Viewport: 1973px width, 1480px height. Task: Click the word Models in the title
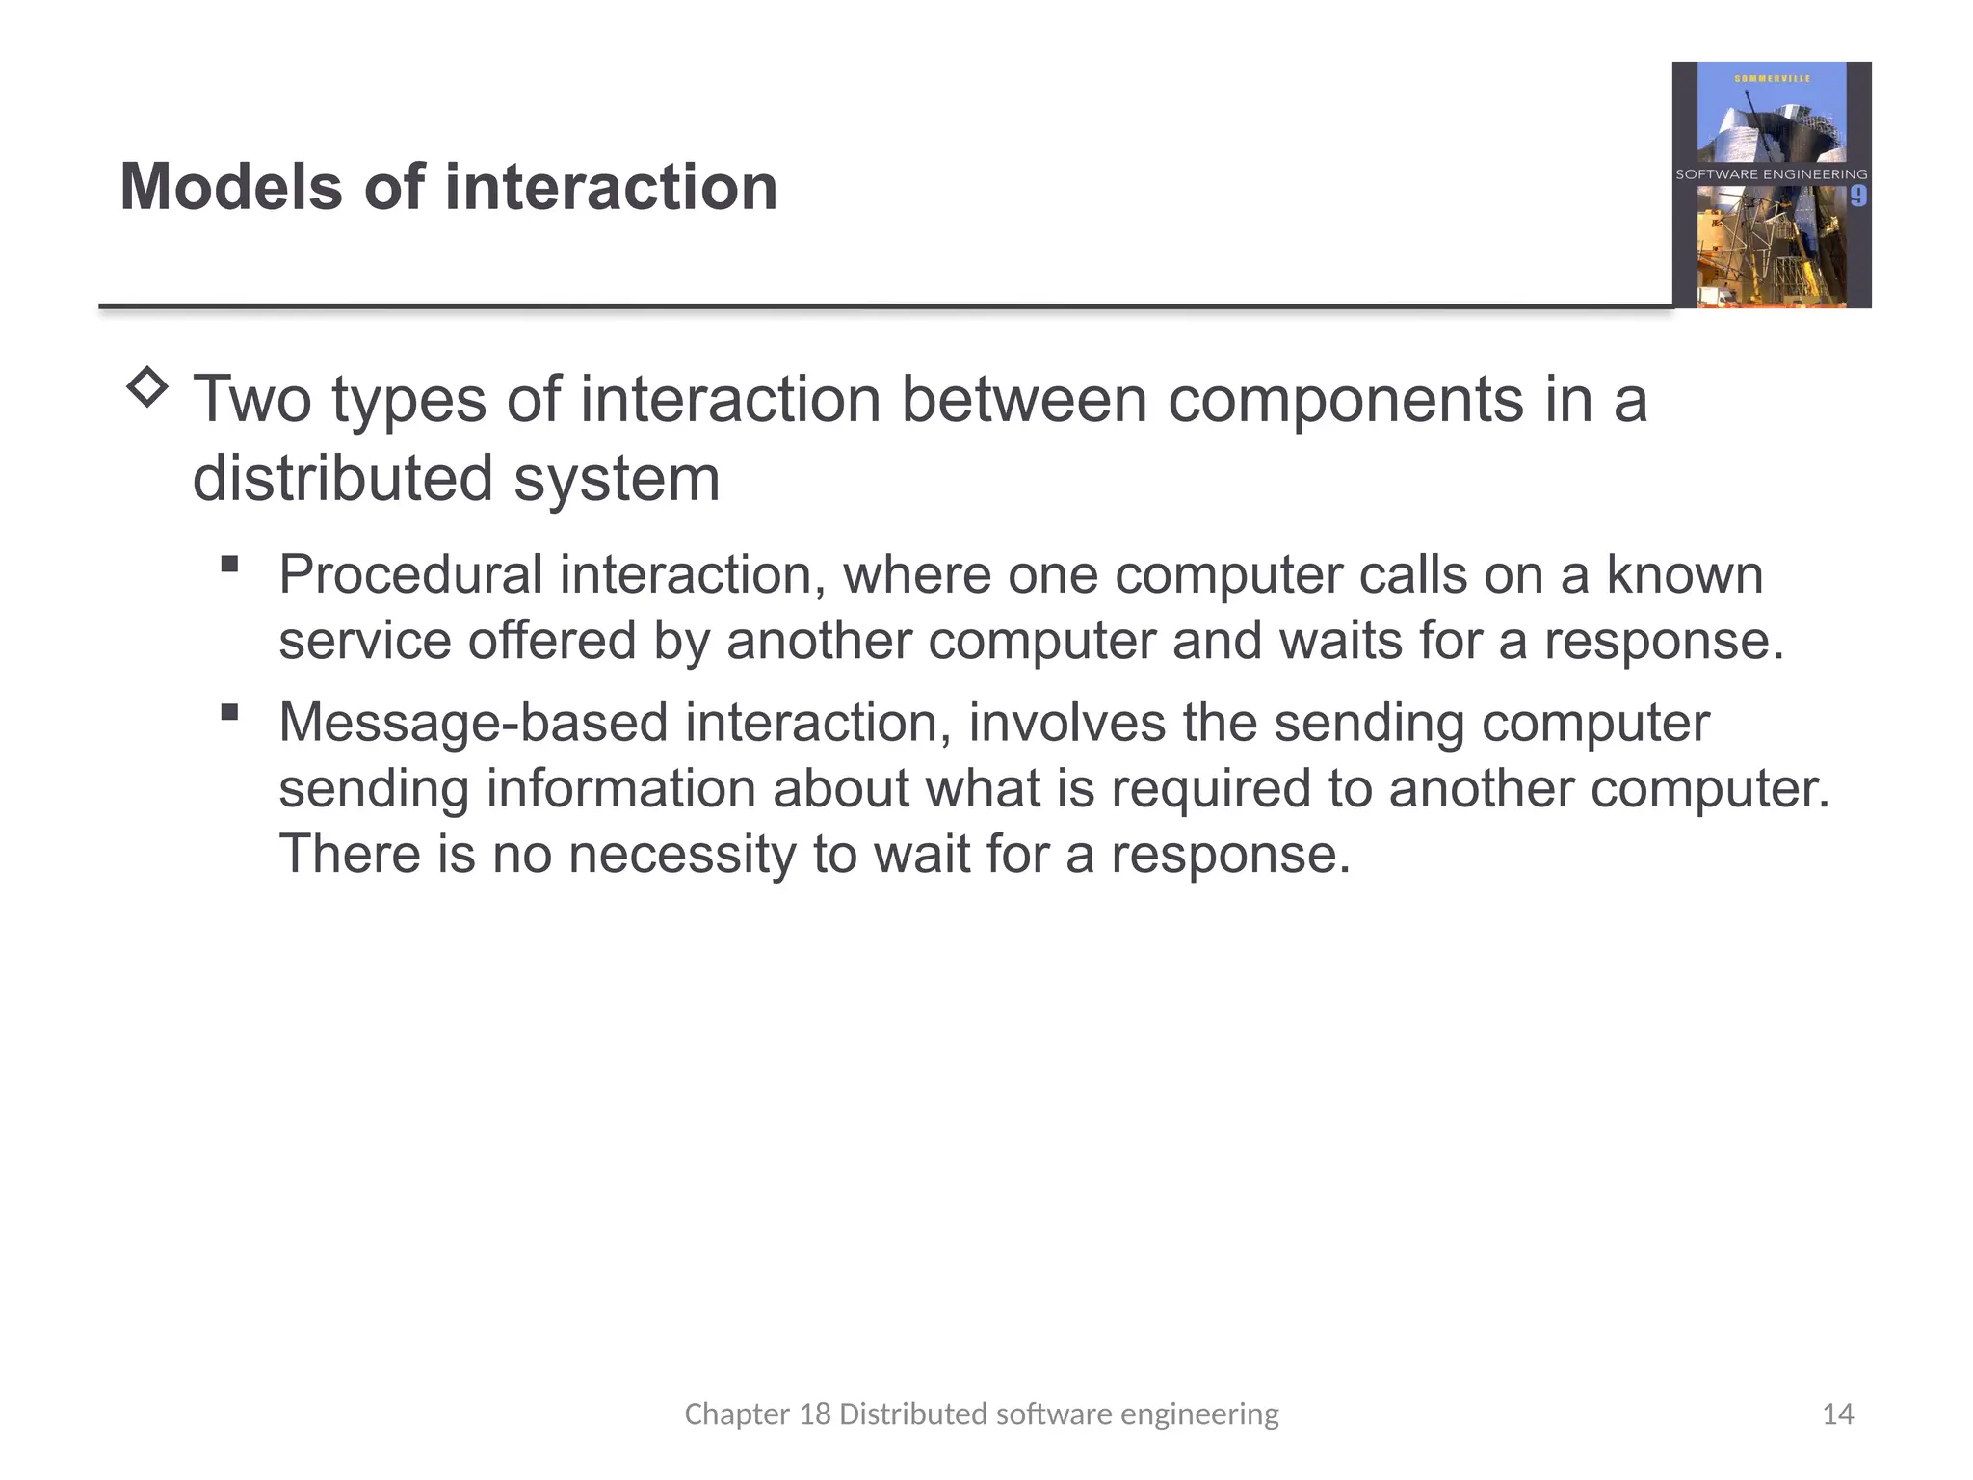point(231,187)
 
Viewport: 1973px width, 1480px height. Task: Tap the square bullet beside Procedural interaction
point(229,564)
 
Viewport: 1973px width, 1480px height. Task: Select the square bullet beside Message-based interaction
point(229,712)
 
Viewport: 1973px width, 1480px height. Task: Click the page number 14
point(1837,1414)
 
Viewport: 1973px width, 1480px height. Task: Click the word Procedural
point(411,575)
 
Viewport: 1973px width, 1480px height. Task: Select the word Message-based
point(473,723)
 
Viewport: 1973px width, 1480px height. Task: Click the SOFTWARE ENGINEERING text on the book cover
point(1771,174)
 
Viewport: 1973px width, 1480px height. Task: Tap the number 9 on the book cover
point(1857,197)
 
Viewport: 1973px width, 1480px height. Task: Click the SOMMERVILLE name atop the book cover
point(1772,78)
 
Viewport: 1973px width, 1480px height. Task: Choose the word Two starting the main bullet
point(252,399)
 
